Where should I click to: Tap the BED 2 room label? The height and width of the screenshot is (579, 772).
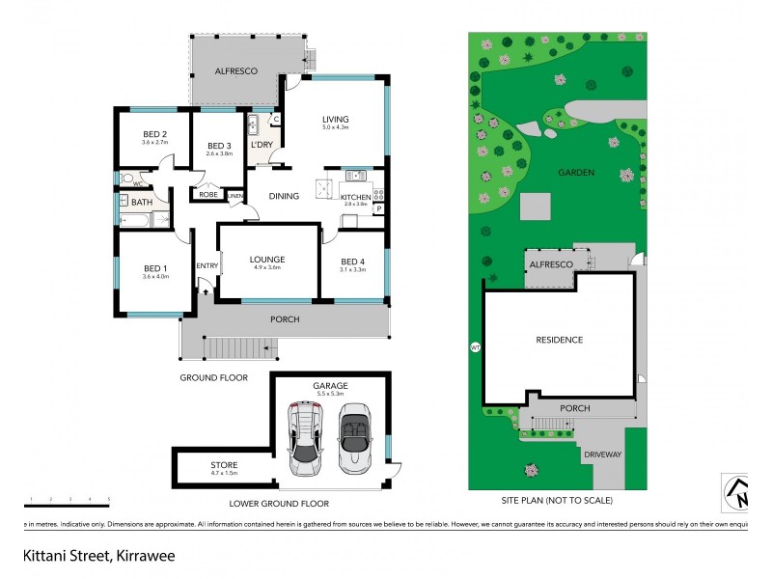[x=155, y=134]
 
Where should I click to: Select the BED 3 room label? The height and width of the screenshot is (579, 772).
[x=219, y=145]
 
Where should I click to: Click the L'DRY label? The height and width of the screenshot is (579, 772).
[x=262, y=145]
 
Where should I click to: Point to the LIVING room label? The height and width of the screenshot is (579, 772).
[x=335, y=120]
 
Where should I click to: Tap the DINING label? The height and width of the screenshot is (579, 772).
[x=284, y=196]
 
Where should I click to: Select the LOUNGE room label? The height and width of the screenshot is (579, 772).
[x=265, y=259]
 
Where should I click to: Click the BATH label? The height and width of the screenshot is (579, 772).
[x=142, y=202]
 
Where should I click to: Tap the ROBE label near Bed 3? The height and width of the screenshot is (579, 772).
[x=207, y=195]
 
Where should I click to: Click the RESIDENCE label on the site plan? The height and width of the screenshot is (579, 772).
[x=559, y=340]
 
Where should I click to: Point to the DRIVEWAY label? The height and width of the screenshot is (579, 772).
[x=602, y=454]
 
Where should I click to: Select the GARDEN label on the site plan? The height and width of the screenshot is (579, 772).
[x=575, y=173]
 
